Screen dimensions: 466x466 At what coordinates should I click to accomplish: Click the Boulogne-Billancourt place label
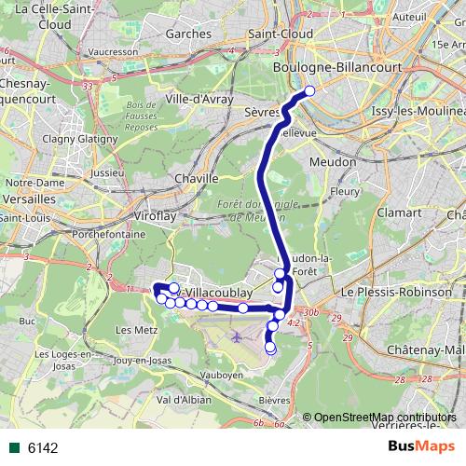[322, 67]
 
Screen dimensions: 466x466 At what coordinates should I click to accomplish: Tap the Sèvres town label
[264, 111]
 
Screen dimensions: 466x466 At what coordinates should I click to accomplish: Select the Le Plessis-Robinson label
[390, 292]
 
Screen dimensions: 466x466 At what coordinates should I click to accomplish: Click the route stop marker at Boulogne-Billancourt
[309, 91]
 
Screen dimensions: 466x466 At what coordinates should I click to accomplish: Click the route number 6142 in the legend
[43, 447]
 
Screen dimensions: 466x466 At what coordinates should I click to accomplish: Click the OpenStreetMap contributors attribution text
[385, 418]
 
